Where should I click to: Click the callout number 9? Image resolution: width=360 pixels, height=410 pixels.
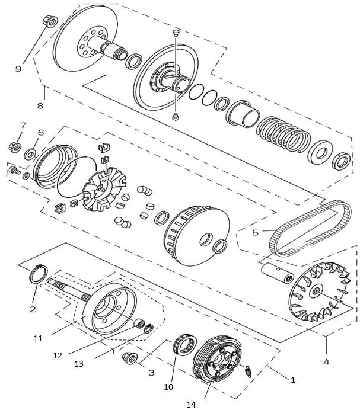pyautogui.click(x=18, y=69)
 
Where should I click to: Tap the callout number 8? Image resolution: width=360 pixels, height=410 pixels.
pyautogui.click(x=40, y=106)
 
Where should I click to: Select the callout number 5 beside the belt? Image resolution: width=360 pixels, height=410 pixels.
pyautogui.click(x=255, y=232)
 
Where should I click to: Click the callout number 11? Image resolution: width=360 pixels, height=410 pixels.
pyautogui.click(x=37, y=338)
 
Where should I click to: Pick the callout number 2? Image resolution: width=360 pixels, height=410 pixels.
pyautogui.click(x=33, y=309)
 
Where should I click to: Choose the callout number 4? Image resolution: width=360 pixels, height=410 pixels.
pyautogui.click(x=326, y=359)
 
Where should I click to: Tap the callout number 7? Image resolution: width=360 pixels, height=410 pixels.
pyautogui.click(x=23, y=125)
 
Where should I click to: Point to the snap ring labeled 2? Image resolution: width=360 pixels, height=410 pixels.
pyautogui.click(x=39, y=275)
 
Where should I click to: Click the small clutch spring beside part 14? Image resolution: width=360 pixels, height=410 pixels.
pyautogui.click(x=250, y=373)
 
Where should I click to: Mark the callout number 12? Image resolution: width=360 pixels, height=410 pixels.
pyautogui.click(x=57, y=355)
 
